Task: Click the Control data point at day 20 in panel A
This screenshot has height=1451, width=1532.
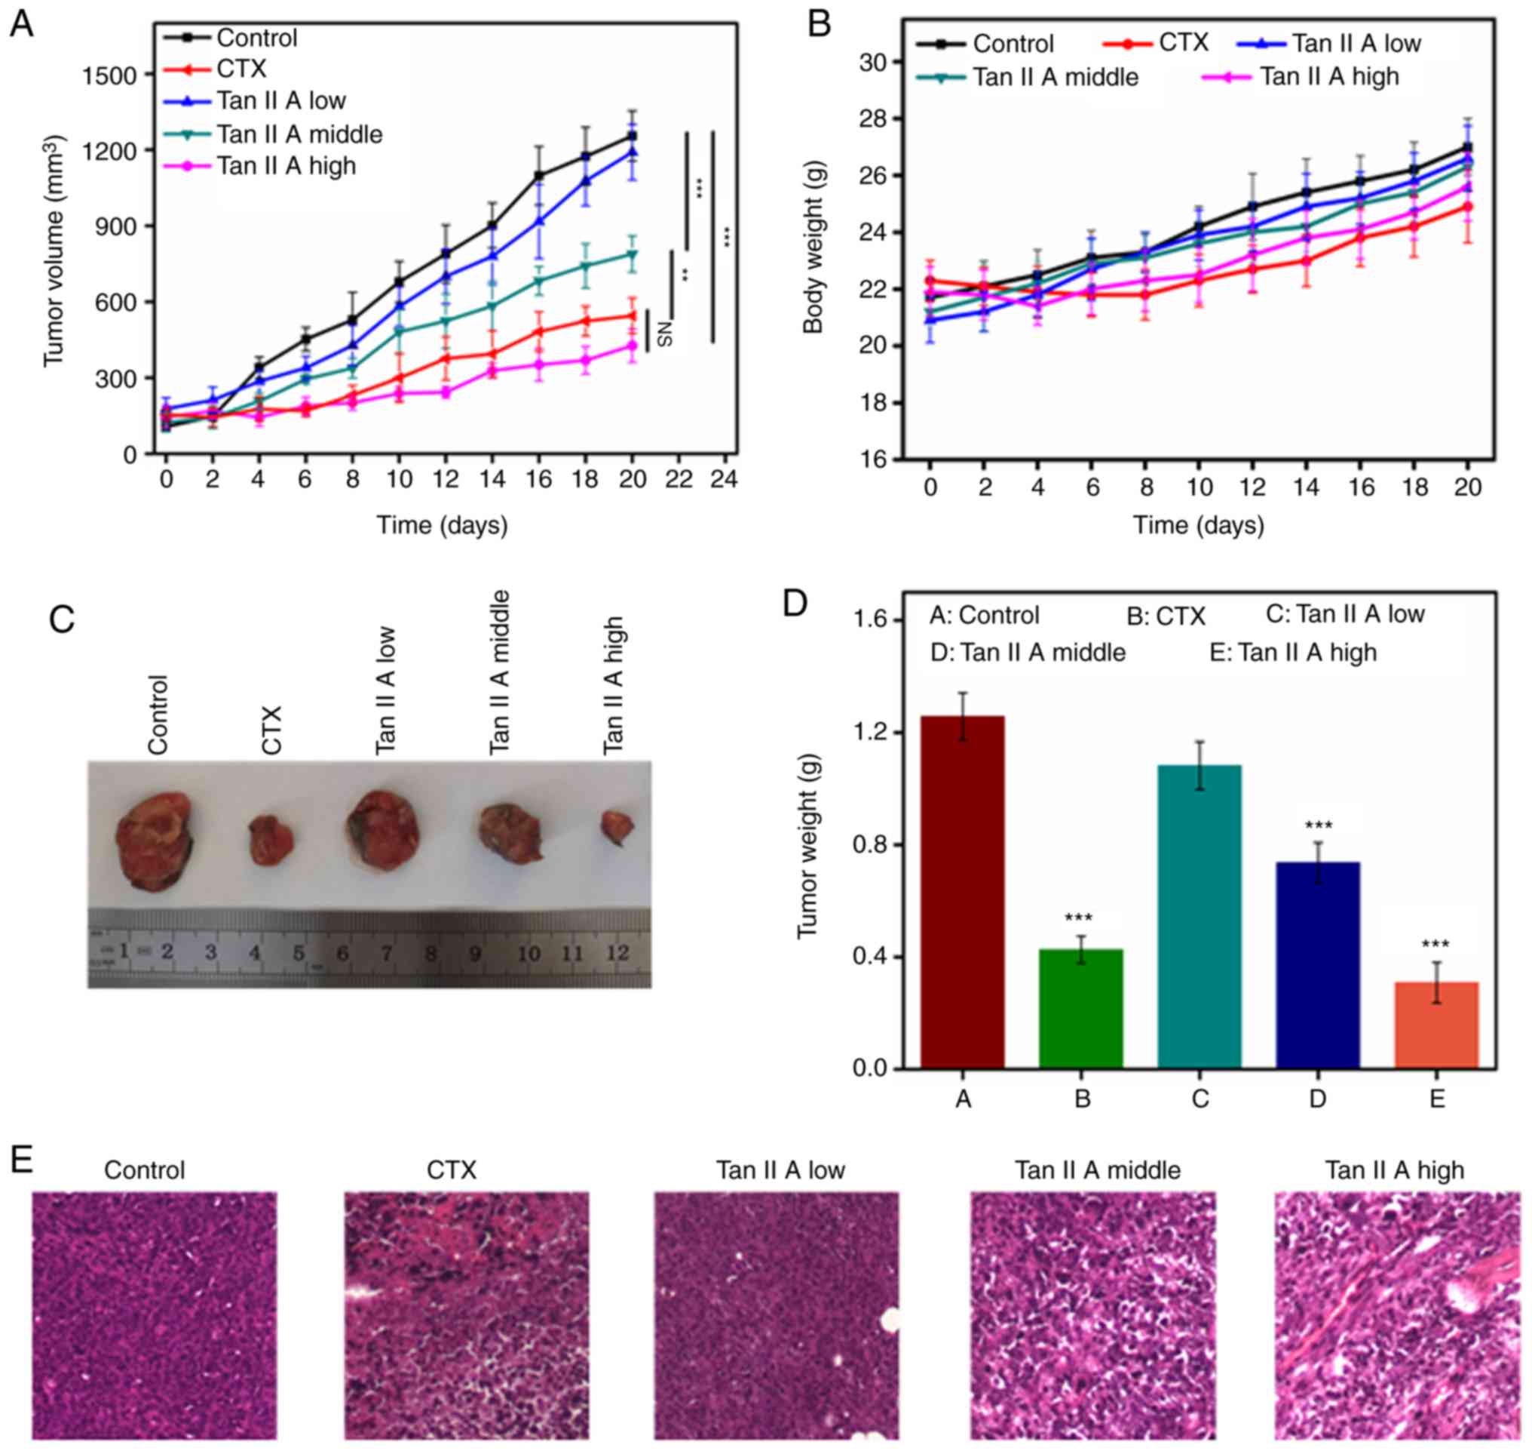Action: point(633,136)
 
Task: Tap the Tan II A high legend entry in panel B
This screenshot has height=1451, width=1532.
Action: point(1328,76)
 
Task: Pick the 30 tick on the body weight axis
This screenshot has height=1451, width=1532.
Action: point(878,62)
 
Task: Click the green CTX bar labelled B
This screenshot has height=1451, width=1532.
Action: point(1080,1009)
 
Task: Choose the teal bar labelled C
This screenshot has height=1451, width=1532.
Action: point(1199,918)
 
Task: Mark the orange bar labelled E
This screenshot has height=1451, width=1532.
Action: point(1436,1025)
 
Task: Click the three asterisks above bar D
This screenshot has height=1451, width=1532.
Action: point(1318,825)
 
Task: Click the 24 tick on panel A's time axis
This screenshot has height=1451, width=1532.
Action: point(725,481)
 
